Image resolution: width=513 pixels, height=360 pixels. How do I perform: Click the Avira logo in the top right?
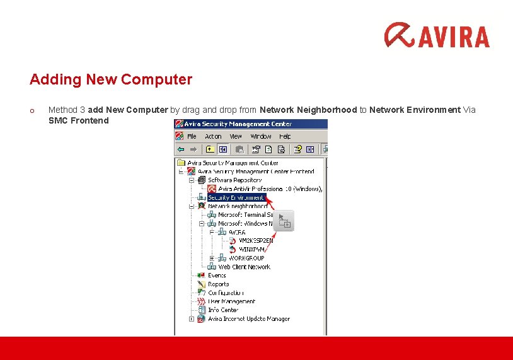[x=437, y=35]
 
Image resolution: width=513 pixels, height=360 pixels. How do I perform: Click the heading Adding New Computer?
[x=110, y=80]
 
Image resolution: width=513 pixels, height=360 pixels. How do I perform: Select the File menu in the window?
[x=192, y=136]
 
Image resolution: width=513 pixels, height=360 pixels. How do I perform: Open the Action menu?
[x=213, y=136]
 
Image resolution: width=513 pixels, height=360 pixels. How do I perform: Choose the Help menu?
[x=285, y=136]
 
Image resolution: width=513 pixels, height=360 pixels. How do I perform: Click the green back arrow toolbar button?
[x=181, y=149]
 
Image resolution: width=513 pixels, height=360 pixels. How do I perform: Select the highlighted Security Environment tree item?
[x=236, y=197]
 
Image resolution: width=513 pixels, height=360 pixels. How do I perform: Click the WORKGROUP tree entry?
[x=246, y=258]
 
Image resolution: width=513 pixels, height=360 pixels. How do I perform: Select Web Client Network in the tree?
[x=244, y=267]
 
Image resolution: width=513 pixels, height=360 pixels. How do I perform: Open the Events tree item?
[x=217, y=276]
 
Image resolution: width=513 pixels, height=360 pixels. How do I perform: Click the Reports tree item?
[x=218, y=284]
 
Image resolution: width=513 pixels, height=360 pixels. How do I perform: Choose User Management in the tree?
[x=231, y=301]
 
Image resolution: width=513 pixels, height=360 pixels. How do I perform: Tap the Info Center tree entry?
[x=223, y=310]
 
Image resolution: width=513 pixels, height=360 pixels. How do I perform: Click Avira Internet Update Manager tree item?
[x=248, y=319]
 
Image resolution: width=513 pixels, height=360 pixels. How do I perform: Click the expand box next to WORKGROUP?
[x=212, y=258]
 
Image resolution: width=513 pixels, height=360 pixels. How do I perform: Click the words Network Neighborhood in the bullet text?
[x=308, y=110]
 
